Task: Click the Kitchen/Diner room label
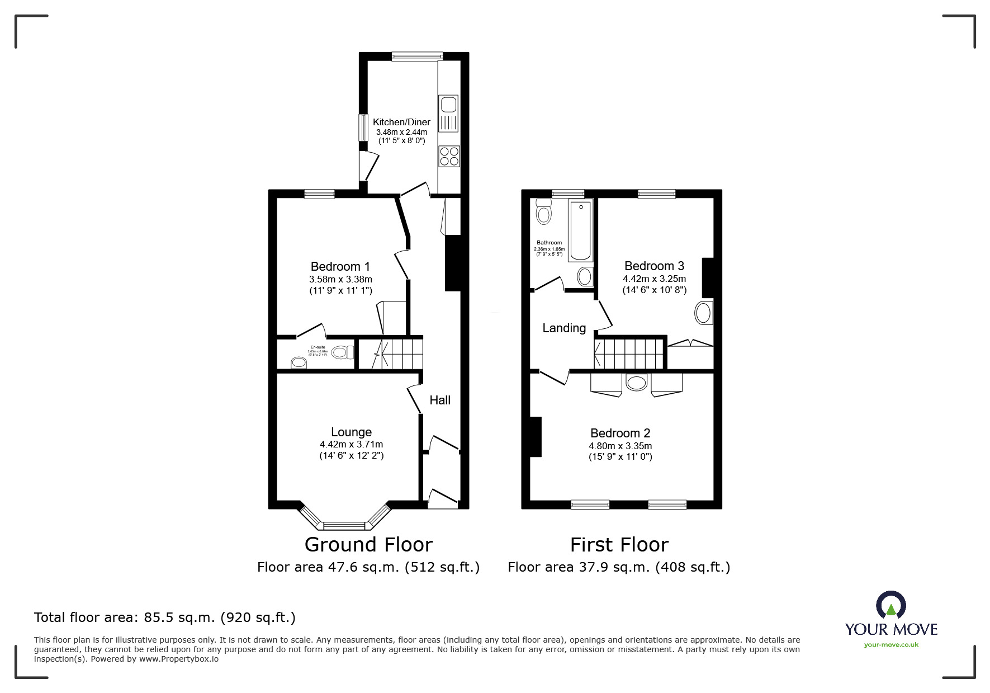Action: point(401,122)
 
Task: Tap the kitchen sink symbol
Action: point(449,105)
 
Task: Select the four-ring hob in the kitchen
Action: point(449,156)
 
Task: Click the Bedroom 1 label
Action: point(340,266)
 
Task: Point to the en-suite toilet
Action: point(342,352)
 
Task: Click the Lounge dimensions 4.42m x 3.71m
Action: point(351,444)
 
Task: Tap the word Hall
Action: point(440,400)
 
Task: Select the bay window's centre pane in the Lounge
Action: point(344,525)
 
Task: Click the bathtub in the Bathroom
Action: point(581,230)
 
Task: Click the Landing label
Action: point(564,328)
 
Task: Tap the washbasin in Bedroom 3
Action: point(704,313)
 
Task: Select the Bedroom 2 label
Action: point(620,433)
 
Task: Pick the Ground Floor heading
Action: point(368,544)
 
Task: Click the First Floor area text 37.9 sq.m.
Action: point(618,567)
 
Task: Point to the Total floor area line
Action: point(165,617)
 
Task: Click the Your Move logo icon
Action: point(890,606)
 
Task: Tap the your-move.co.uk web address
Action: point(891,645)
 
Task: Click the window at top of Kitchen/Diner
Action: point(417,56)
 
